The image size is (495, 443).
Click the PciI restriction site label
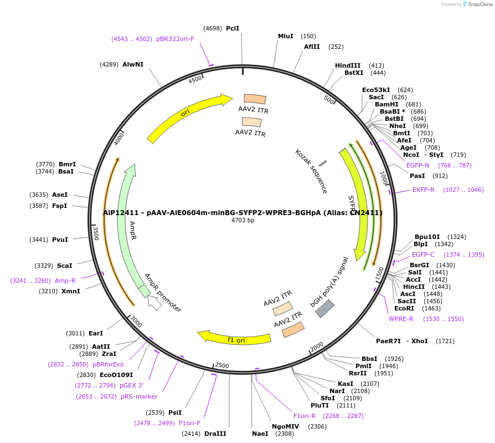click(x=233, y=28)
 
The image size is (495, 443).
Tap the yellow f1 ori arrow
click(x=235, y=338)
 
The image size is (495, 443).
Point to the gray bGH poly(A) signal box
click(x=325, y=308)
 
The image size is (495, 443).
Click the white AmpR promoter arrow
click(x=154, y=303)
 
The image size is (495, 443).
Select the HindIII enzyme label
click(x=348, y=65)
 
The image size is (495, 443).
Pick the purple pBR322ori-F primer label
click(x=175, y=39)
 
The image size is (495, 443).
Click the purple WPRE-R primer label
click(x=401, y=319)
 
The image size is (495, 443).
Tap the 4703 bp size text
click(x=243, y=221)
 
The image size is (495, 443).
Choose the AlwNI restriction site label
click(x=133, y=64)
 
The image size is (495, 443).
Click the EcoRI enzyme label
click(x=404, y=308)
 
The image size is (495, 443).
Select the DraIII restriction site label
click(x=215, y=434)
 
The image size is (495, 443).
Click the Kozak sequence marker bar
click(x=323, y=164)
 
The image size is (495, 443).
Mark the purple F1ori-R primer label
click(x=305, y=416)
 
